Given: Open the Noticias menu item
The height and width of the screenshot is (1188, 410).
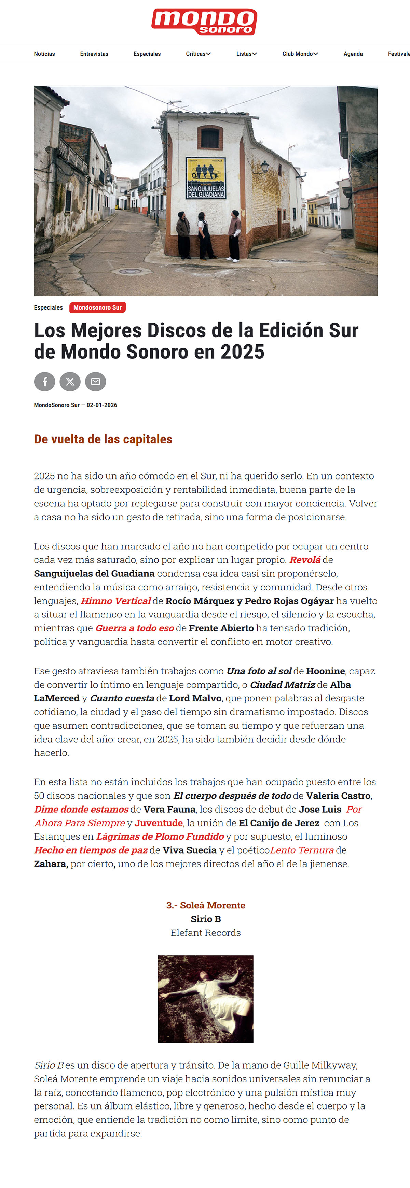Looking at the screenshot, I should (44, 54).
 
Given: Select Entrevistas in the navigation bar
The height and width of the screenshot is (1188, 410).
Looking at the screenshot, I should (94, 54).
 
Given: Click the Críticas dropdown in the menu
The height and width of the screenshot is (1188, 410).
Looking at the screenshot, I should (198, 54).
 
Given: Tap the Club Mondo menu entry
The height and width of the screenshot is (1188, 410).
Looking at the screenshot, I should (300, 54).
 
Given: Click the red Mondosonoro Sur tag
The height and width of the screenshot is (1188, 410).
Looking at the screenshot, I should (97, 307).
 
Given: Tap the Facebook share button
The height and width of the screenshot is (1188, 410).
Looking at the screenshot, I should (45, 382).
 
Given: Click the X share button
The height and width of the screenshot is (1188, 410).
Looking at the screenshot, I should (70, 382).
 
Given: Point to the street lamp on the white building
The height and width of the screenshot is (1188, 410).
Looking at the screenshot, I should (264, 166).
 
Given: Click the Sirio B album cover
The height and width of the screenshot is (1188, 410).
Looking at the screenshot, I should (205, 999).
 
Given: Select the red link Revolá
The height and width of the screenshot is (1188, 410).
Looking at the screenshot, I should (305, 560).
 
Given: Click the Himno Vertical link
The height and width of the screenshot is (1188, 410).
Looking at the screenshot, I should (115, 601).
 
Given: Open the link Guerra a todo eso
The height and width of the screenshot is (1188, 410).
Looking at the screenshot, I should (134, 628).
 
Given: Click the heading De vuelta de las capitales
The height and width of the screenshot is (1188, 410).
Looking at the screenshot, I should (103, 439).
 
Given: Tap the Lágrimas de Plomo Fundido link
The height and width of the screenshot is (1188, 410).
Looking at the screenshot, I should (160, 836).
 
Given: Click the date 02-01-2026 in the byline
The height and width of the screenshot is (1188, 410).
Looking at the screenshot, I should (102, 405).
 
